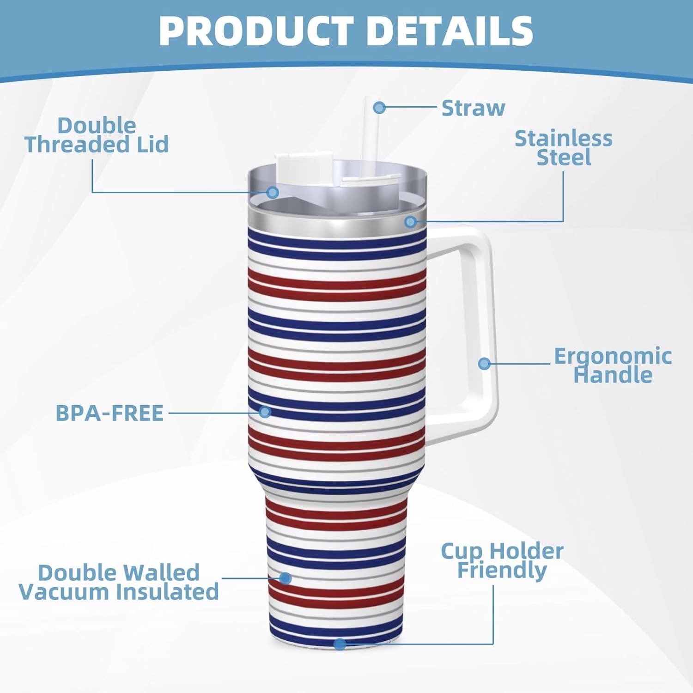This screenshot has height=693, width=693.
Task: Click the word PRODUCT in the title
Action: point(256,31)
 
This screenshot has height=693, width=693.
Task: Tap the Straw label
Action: point(473,108)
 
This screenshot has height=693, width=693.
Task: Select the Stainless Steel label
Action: point(564,148)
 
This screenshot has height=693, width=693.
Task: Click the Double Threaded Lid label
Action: point(97,135)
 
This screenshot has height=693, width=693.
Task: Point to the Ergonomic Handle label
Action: point(613,365)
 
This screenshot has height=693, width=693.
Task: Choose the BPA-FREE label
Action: point(109,413)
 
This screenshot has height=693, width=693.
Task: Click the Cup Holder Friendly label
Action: point(502,560)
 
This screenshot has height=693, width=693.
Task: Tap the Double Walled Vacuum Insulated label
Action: point(119,582)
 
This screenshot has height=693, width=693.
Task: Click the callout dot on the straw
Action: point(379,108)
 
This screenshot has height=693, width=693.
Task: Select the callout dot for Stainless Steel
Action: point(410,222)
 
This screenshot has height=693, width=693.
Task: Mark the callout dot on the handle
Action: point(484,363)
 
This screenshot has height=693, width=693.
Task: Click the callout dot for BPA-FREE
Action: point(265,412)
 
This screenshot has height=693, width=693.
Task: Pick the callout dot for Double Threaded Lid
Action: point(273,192)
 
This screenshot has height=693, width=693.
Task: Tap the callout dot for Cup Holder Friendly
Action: point(340,644)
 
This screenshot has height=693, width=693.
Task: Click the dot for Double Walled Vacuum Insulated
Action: point(285,578)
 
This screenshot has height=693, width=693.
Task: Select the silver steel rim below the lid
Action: point(337,221)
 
